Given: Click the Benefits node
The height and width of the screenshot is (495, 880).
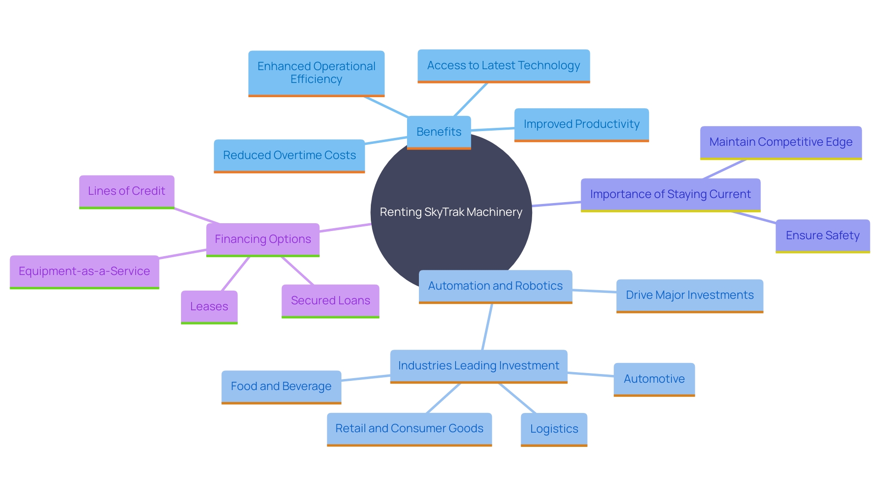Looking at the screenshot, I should pyautogui.click(x=439, y=132).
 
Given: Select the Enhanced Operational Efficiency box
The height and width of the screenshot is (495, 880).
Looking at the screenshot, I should pyautogui.click(x=316, y=73).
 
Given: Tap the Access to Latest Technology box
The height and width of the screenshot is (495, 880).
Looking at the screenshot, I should pyautogui.click(x=503, y=66).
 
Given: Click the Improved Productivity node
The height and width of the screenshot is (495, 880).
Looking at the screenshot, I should pyautogui.click(x=581, y=124).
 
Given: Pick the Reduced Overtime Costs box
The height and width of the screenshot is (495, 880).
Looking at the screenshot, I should pyautogui.click(x=289, y=155).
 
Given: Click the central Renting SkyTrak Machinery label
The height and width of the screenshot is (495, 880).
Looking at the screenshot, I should pyautogui.click(x=451, y=212).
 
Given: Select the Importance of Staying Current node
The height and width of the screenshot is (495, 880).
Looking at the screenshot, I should pyautogui.click(x=670, y=194).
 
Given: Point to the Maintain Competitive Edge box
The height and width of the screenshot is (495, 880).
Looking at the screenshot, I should pyautogui.click(x=781, y=142).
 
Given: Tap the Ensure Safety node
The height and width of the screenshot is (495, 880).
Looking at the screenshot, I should pyautogui.click(x=822, y=236).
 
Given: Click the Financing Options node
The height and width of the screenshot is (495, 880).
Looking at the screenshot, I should pyautogui.click(x=263, y=239).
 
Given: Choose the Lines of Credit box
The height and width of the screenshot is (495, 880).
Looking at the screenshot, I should pyautogui.click(x=126, y=191).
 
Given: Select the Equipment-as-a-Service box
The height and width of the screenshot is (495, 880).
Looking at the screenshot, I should pyautogui.click(x=84, y=271).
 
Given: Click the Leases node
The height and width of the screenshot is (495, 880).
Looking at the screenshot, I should pyautogui.click(x=209, y=307).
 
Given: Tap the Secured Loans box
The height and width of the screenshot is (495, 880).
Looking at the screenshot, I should pyautogui.click(x=330, y=301).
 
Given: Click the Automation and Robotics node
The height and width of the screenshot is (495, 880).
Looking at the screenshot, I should pyautogui.click(x=495, y=286).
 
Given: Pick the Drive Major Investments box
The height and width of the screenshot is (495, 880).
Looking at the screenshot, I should pyautogui.click(x=689, y=295).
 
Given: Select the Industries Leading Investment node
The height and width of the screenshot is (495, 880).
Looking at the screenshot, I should pyautogui.click(x=478, y=366).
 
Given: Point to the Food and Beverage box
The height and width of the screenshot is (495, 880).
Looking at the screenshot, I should pyautogui.click(x=281, y=386).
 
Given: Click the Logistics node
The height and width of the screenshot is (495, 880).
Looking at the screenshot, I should pyautogui.click(x=554, y=429).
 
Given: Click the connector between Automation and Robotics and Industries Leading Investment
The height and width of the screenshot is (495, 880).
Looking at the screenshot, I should pyautogui.click(x=487, y=327).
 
